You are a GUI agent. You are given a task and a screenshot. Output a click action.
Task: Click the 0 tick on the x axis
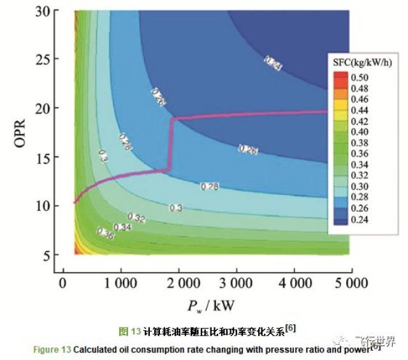[x=62, y=282]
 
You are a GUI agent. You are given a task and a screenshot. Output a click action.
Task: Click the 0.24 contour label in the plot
[x=272, y=63]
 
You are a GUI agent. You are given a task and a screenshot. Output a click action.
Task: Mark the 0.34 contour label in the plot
[x=122, y=227]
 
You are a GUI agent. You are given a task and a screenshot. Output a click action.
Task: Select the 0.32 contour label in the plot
[x=136, y=219]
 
